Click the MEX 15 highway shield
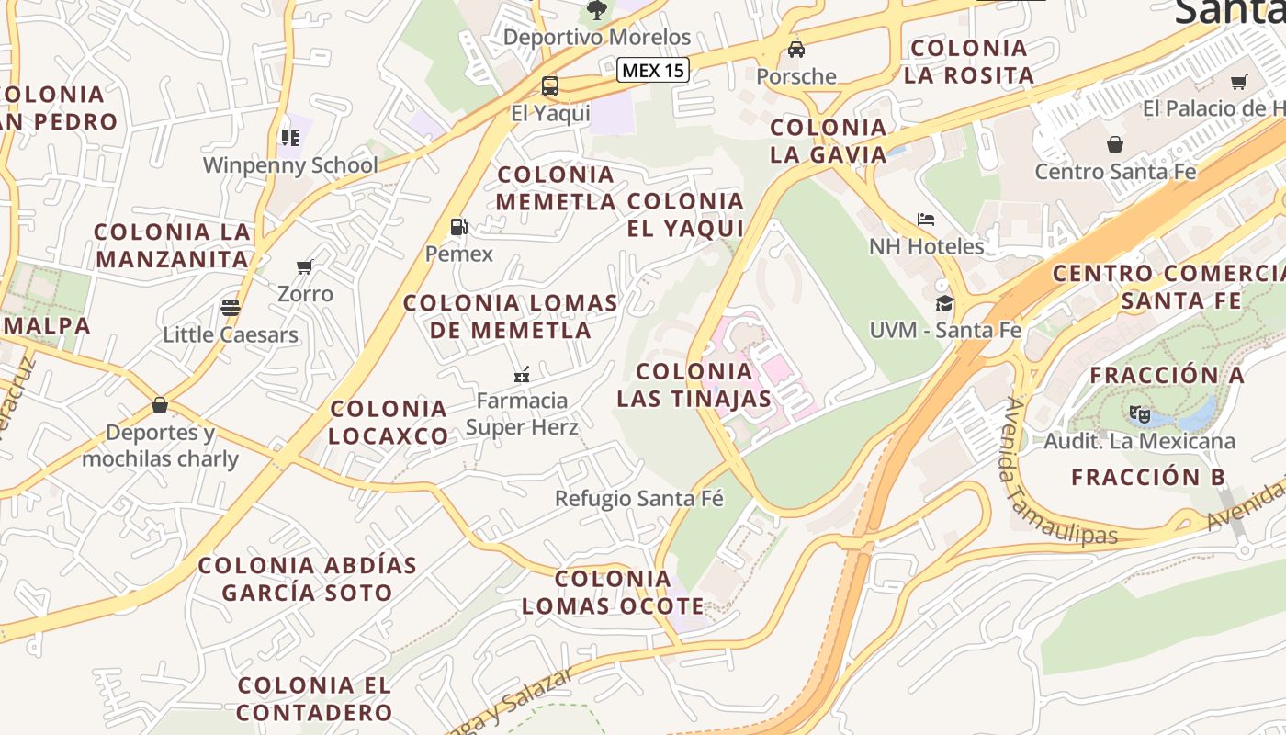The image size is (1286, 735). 652,70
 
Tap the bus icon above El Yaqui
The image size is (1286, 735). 550,87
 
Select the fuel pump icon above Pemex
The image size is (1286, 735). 458,227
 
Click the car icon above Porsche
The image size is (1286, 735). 796,50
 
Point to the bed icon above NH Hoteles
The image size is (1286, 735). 926,220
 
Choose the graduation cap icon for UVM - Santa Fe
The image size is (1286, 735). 944,303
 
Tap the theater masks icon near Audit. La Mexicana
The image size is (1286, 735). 1139,414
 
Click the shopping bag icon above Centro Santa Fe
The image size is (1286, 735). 1115,144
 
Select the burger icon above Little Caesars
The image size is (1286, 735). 230,307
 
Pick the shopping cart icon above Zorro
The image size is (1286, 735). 305,267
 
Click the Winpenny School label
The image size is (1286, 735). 290,165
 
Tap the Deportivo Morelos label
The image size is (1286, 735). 597,38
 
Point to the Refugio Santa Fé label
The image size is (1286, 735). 639,499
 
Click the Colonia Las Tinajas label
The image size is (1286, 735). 694,385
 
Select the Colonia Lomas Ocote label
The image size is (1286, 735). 613,593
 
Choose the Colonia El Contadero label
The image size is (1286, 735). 315,698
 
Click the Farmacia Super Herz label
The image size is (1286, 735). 522,413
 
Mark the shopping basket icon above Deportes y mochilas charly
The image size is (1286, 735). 160,405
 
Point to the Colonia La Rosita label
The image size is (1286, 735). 969,62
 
